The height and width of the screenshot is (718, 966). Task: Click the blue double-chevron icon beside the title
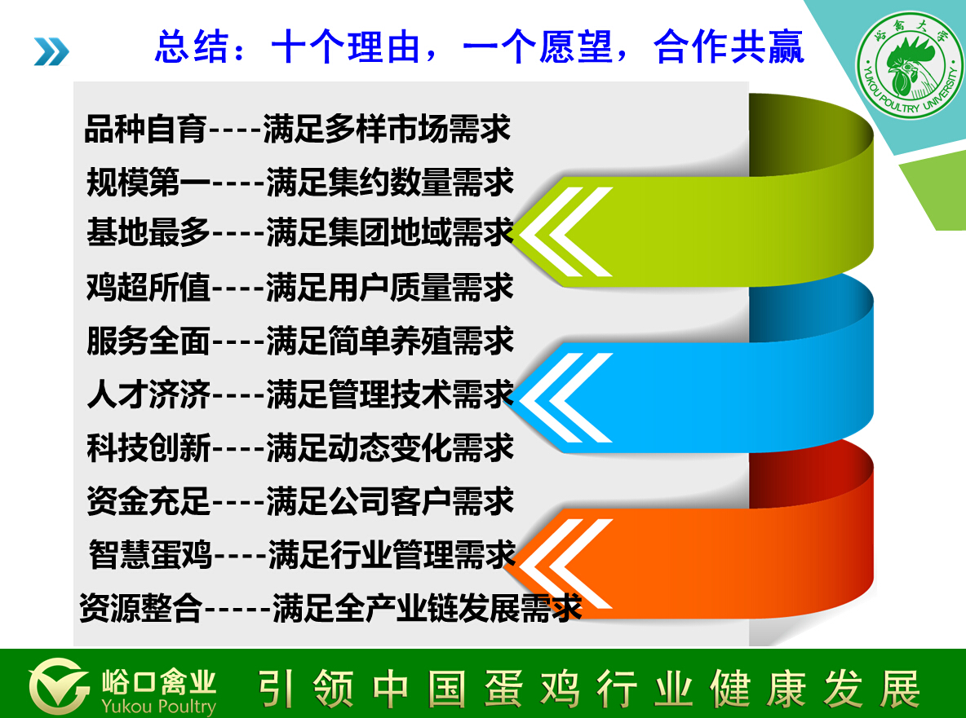(x=51, y=51)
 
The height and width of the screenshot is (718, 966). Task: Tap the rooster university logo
(x=910, y=64)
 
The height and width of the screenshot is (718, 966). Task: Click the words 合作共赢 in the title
(x=729, y=47)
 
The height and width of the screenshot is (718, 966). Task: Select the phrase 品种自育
(x=145, y=130)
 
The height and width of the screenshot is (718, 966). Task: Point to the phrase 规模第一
(x=148, y=182)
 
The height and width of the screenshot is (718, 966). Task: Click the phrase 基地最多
(x=148, y=234)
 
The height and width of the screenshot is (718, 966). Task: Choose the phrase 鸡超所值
(x=148, y=288)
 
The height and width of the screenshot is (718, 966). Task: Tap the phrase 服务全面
(x=148, y=341)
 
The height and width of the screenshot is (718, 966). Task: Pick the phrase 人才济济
(x=148, y=394)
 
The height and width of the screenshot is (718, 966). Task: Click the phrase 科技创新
(x=148, y=447)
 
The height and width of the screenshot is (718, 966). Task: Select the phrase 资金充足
(x=148, y=500)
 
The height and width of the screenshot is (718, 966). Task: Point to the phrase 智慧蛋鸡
(x=149, y=553)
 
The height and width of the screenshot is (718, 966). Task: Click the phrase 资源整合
(x=141, y=607)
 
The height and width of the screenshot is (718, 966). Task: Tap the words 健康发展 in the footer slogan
(x=815, y=689)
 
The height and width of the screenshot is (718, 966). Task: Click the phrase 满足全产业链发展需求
(x=427, y=607)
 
